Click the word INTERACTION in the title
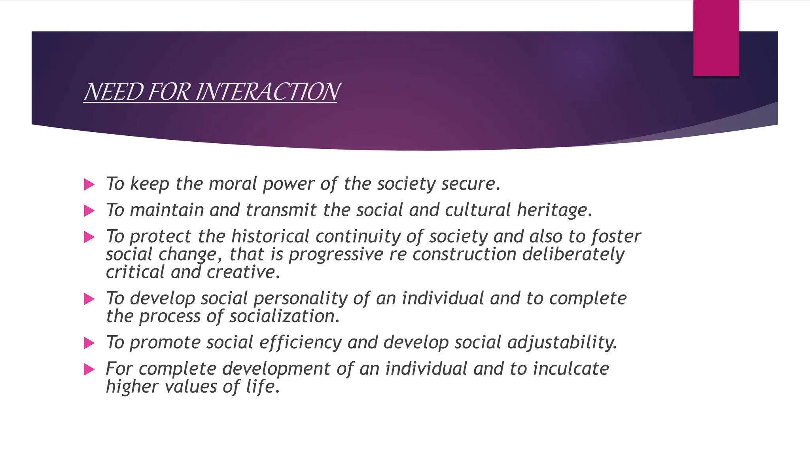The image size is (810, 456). [x=267, y=92]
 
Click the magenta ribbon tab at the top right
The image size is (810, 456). [x=716, y=38]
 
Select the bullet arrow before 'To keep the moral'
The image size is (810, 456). [x=89, y=184]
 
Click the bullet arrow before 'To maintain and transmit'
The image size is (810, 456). [x=89, y=211]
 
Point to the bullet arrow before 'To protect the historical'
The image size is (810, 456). [x=89, y=237]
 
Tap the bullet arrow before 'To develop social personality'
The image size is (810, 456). [x=89, y=299]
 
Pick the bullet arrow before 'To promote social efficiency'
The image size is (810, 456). [x=89, y=343]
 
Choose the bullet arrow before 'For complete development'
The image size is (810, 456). [x=89, y=369]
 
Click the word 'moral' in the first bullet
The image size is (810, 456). [x=233, y=184]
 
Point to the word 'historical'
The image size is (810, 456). [x=270, y=236]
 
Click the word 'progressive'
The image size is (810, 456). [x=336, y=254]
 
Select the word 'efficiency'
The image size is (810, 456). [x=300, y=342]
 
